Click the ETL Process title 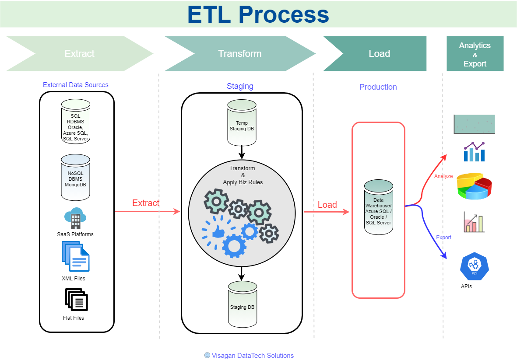pos(258,14)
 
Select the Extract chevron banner pos(80,53)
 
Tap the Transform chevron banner pos(239,53)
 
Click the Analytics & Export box pos(475,54)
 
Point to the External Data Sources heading pos(75,85)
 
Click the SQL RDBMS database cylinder pos(75,121)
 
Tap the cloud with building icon pos(75,218)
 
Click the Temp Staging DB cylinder pos(242,123)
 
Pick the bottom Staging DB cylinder pos(242,304)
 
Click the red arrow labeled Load pos(327,212)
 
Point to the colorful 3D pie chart pos(474,185)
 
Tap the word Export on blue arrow pos(443,237)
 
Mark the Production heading pos(378,87)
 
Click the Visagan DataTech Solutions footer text pos(252,355)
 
